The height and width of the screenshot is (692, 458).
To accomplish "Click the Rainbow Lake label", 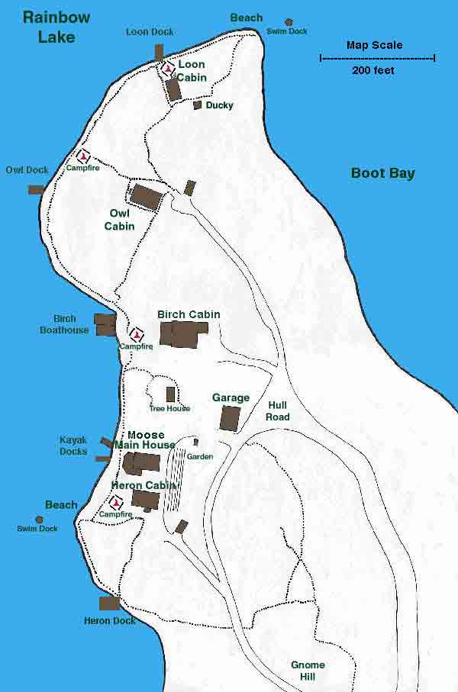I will pyautogui.click(x=56, y=27).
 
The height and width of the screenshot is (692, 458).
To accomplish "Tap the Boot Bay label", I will pyautogui.click(x=382, y=173).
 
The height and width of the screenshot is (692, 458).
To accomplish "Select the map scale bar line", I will pyautogui.click(x=377, y=58).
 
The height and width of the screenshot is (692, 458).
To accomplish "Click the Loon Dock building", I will pyautogui.click(x=159, y=52).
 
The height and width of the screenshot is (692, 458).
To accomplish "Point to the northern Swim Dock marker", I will pyautogui.click(x=289, y=22).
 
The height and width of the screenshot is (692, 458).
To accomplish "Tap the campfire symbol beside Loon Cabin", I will pyautogui.click(x=167, y=69).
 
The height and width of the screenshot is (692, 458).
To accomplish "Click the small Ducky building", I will pyautogui.click(x=197, y=105).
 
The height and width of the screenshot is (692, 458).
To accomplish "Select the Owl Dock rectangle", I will pyautogui.click(x=36, y=189).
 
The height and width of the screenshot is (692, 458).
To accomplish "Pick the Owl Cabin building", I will pyautogui.click(x=146, y=196).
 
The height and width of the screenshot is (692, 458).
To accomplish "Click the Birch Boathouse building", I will pyautogui.click(x=104, y=324).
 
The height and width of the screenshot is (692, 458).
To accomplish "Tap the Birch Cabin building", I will pyautogui.click(x=184, y=334).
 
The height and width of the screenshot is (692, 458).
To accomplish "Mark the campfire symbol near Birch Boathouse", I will pyautogui.click(x=137, y=334).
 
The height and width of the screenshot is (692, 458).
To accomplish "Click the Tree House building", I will pyautogui.click(x=170, y=394).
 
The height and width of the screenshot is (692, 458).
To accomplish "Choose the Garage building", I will pyautogui.click(x=230, y=418).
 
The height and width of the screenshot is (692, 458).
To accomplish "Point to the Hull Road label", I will pyautogui.click(x=278, y=411).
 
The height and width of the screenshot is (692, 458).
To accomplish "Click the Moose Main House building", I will pyautogui.click(x=142, y=463).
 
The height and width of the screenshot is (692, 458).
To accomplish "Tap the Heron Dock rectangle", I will pyautogui.click(x=109, y=603).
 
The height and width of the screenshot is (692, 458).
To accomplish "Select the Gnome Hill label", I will pyautogui.click(x=308, y=671).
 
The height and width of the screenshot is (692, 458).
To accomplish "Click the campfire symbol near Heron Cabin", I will pyautogui.click(x=116, y=502).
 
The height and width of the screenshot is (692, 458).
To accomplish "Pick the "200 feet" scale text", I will pyautogui.click(x=373, y=70).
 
